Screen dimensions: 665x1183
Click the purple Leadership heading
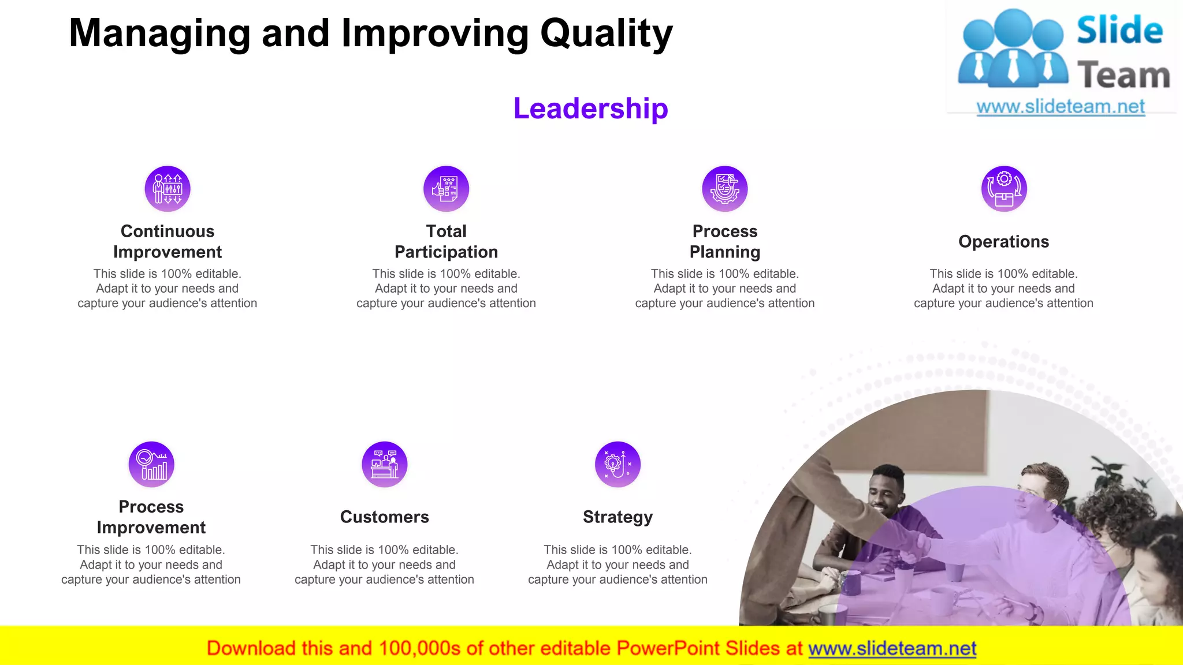[590, 109]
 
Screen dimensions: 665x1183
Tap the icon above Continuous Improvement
[168, 189]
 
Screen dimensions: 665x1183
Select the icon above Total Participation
[446, 189]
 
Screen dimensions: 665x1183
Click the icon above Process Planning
[725, 189]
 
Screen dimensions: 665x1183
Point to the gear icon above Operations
[1004, 189]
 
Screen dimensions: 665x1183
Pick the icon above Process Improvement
[151, 465]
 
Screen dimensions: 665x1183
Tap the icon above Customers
[385, 465]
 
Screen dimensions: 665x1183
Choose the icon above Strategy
[617, 465]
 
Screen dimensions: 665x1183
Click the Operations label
[1003, 241]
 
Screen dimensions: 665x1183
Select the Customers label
[384, 517]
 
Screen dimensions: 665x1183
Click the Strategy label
[617, 517]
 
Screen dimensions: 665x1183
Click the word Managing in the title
[159, 33]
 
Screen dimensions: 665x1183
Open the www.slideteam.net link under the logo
[1061, 106]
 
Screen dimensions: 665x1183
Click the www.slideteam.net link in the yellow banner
[892, 648]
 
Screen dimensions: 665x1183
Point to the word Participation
[446, 252]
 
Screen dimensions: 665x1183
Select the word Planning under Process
[725, 252]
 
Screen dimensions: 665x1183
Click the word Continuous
[168, 231]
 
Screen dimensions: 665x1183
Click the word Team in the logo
[1123, 76]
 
